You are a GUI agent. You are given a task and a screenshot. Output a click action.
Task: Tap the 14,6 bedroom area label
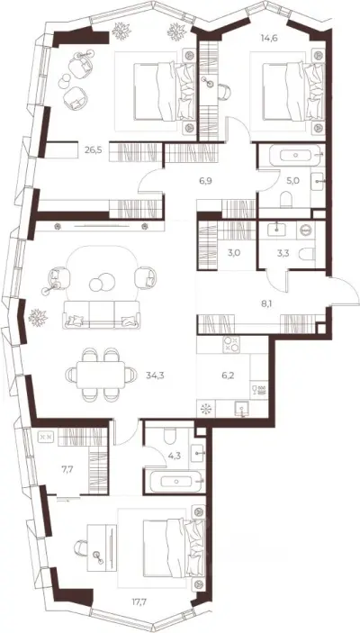click(x=269, y=39)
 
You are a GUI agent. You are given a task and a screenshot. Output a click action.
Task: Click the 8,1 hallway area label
click(x=265, y=304)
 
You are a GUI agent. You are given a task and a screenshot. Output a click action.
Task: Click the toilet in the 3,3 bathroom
click(x=306, y=253)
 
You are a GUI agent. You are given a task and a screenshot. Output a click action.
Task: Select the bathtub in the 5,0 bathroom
click(x=296, y=155)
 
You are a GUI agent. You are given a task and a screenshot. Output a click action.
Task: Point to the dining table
click(x=101, y=375)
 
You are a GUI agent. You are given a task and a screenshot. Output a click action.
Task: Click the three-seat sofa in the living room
click(x=102, y=314)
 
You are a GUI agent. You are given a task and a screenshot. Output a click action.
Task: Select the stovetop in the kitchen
click(x=231, y=344)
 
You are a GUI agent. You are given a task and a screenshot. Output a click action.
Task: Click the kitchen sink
click(x=242, y=410)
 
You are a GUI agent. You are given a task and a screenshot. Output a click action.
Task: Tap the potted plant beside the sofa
click(x=38, y=317)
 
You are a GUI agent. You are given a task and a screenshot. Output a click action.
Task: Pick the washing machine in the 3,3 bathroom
click(x=306, y=230)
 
